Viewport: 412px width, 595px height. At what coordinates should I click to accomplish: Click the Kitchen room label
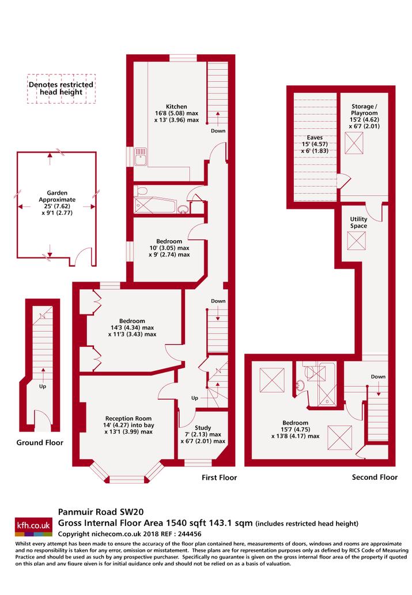[176, 107]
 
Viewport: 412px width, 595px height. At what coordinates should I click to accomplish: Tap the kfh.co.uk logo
[33, 526]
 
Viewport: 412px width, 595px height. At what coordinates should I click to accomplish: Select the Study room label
[203, 427]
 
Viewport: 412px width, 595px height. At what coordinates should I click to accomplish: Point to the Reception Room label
[128, 419]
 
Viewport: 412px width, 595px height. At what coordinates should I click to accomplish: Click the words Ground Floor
[40, 442]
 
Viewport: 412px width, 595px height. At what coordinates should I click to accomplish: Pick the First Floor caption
[219, 477]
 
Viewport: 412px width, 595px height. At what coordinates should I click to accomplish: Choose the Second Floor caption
[375, 477]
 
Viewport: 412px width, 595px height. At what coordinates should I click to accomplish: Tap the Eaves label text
[315, 137]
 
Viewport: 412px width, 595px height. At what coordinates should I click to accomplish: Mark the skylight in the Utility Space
[357, 241]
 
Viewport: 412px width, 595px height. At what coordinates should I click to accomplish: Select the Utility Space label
[358, 222]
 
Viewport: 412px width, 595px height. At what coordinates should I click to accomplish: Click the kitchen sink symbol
[141, 156]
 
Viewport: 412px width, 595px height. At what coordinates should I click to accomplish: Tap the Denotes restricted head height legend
[61, 89]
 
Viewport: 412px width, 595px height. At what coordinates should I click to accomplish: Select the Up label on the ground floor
[43, 386]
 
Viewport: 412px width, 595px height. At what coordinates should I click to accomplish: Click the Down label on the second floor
[378, 377]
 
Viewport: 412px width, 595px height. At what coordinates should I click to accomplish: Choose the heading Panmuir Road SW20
[101, 512]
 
